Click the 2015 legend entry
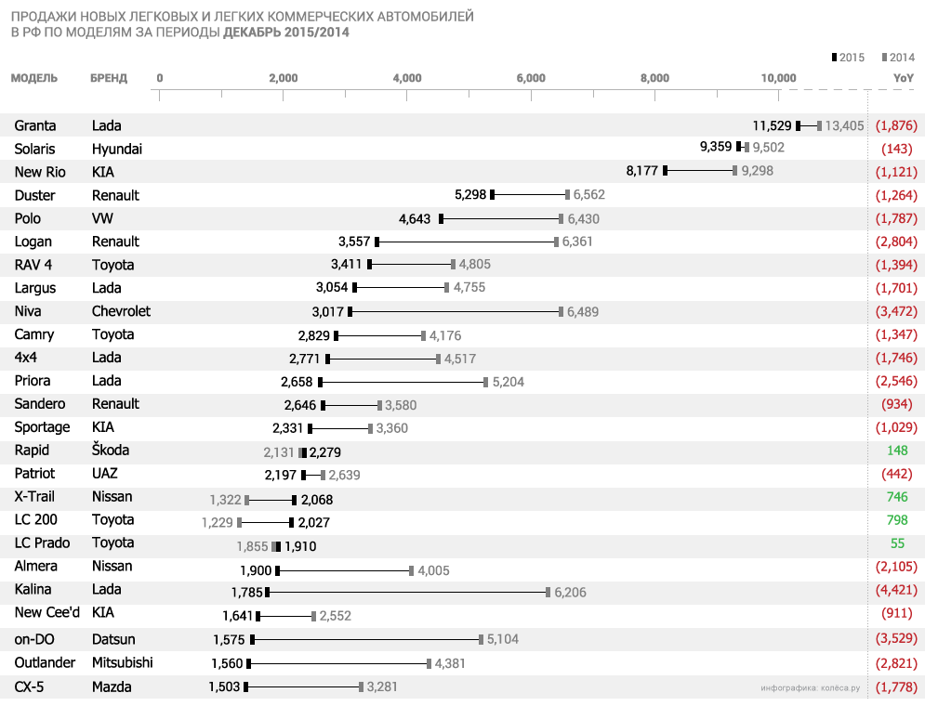848,58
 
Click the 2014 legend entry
898,58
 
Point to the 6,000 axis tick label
531,78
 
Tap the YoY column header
904,78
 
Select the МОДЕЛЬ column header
34,78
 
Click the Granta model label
35,125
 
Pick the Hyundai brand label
117,149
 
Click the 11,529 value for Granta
772,125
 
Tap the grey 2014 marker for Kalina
548,592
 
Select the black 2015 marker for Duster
493,194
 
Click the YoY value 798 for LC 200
897,520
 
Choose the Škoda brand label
111,451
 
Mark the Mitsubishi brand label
123,663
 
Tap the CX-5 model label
31,687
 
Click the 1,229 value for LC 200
217,522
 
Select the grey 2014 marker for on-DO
481,638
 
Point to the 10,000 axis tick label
778,78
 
